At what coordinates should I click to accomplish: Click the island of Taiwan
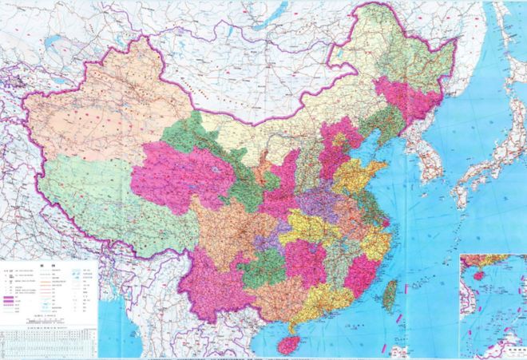[x=389, y=296]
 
